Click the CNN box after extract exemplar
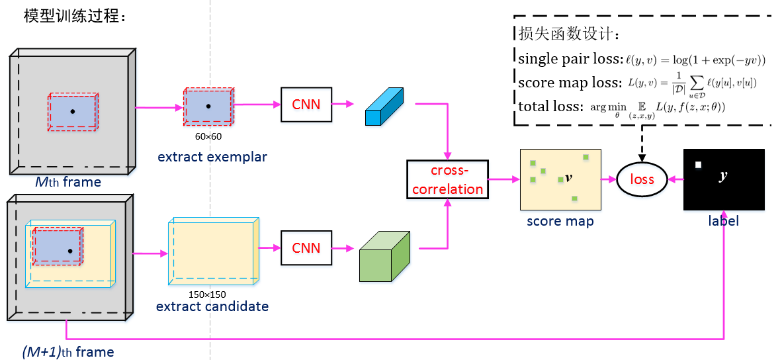click(306, 105)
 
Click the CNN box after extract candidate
click(306, 248)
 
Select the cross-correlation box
click(447, 179)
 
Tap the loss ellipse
click(642, 179)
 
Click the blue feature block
click(384, 106)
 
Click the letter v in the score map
click(568, 179)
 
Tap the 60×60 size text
click(208, 136)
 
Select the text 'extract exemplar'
click(212, 157)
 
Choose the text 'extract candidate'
click(212, 306)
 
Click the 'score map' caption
click(560, 221)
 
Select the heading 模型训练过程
click(74, 16)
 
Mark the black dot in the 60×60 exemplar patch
click(208, 106)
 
